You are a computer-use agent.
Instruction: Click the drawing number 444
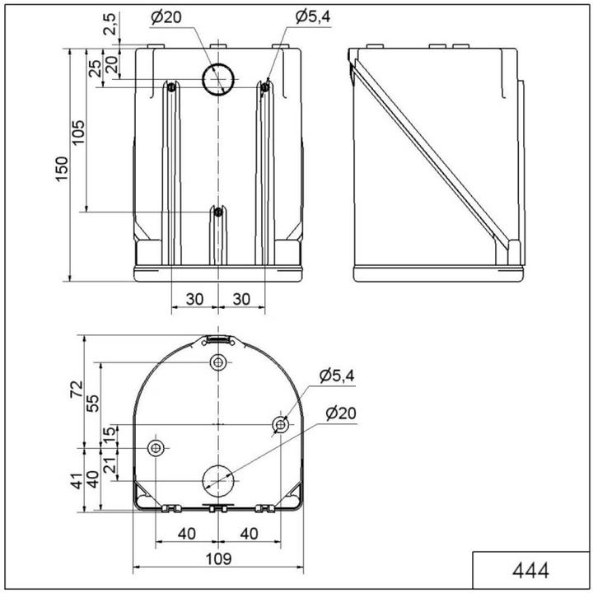coord(530,570)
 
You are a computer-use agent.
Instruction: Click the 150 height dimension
coord(62,169)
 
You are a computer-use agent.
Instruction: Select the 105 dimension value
coord(78,132)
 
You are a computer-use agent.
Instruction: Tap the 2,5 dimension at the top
coord(109,24)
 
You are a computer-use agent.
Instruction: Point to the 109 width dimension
coord(218,558)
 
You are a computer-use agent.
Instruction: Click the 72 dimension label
coord(77,389)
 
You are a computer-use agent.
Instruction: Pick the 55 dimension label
coord(92,403)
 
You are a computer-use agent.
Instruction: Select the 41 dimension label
coord(77,481)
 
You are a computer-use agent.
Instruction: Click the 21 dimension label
coord(110,465)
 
